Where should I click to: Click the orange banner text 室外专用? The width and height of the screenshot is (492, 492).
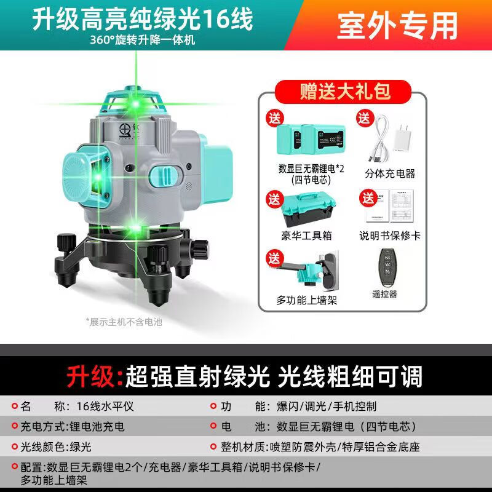click(397, 25)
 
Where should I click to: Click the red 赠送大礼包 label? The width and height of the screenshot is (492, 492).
click(345, 92)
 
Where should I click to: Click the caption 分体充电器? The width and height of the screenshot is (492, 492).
click(390, 173)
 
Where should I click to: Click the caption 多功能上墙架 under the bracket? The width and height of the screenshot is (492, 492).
click(306, 300)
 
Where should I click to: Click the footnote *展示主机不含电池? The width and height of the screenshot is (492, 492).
click(124, 321)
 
